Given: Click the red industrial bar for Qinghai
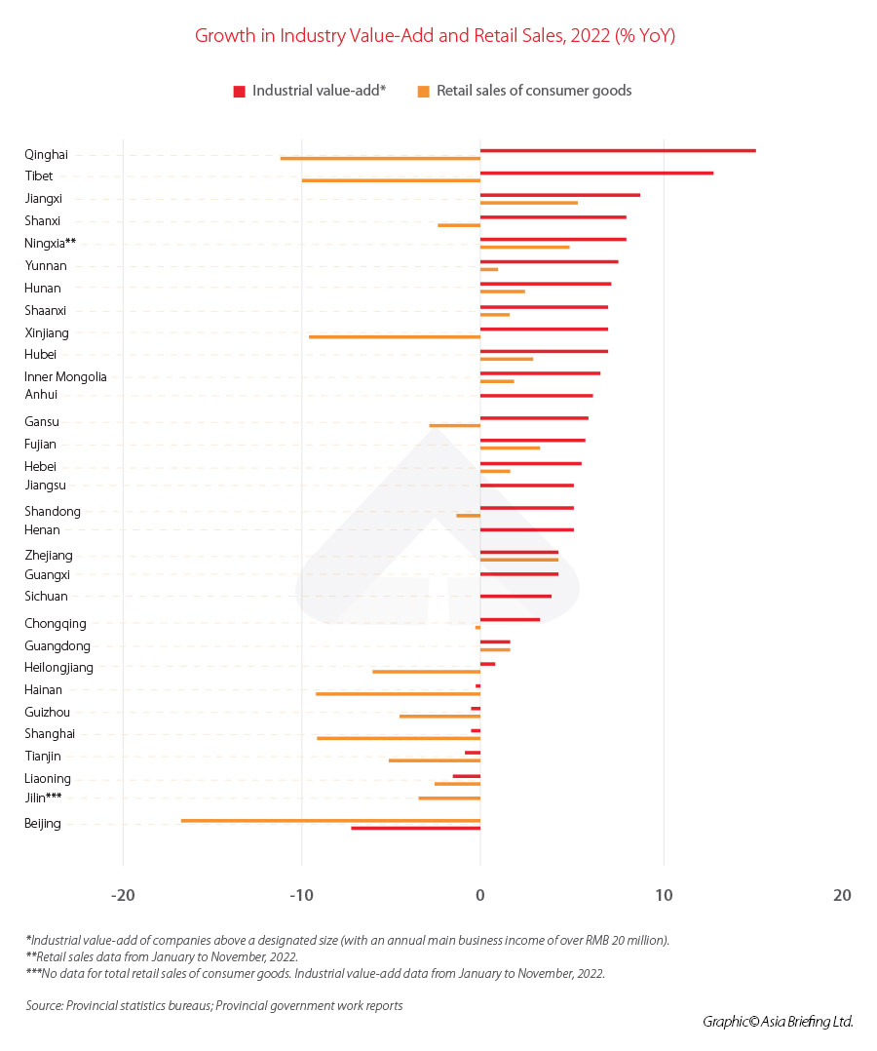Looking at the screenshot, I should click(x=618, y=150).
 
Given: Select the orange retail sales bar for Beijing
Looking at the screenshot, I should click(x=330, y=820).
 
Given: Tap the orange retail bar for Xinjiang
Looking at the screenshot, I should click(x=395, y=336).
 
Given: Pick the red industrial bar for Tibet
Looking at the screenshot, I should click(x=596, y=173).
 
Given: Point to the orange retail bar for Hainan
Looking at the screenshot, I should click(x=398, y=693).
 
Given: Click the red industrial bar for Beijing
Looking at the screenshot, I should click(x=415, y=828).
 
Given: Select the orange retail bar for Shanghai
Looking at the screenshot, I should click(x=399, y=738).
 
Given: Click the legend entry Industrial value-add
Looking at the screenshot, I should click(x=310, y=91).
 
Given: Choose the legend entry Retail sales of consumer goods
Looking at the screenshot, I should click(x=525, y=91).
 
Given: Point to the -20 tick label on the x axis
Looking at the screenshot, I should click(x=123, y=896).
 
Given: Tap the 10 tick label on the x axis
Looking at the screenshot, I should click(x=664, y=896).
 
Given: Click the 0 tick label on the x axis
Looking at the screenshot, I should click(x=479, y=896).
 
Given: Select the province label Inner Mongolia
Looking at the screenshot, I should click(x=65, y=377).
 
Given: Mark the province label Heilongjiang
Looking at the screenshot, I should click(x=58, y=668).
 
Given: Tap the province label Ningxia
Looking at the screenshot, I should click(x=50, y=243).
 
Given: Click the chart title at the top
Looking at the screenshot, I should click(x=436, y=36).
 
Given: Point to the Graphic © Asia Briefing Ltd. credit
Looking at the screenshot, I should click(x=778, y=1022).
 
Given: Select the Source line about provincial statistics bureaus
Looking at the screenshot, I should click(x=214, y=1005).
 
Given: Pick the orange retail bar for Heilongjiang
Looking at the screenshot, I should click(x=426, y=671).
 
